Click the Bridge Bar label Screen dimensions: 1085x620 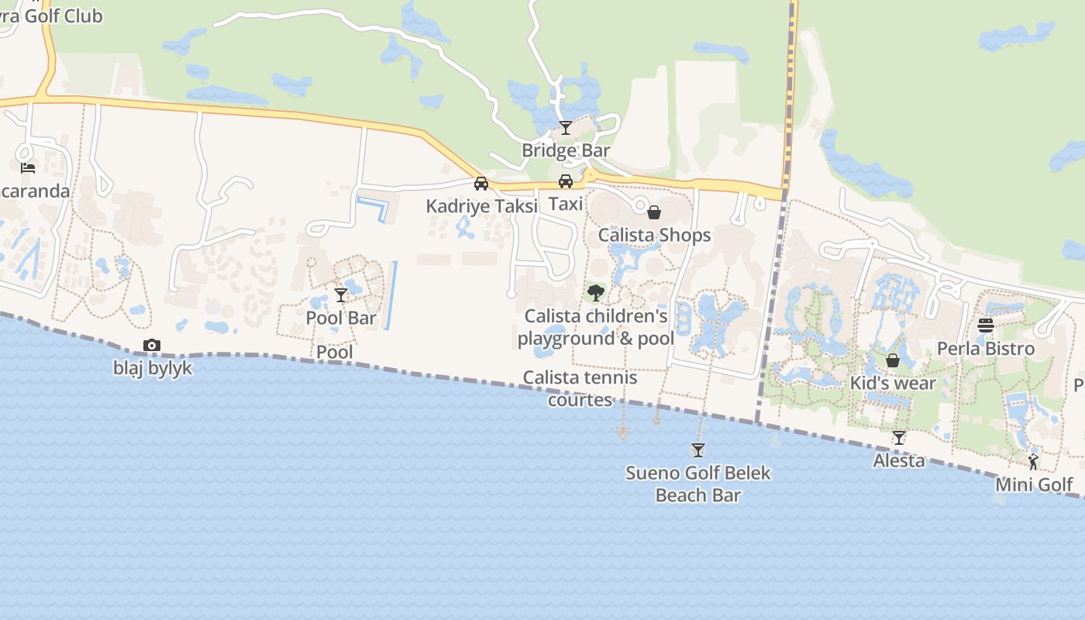[566, 150]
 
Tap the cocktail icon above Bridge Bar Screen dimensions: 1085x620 [566, 128]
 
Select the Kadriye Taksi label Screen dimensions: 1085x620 [481, 207]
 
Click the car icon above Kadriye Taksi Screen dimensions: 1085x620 [481, 184]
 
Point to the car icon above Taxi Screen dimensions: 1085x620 [566, 181]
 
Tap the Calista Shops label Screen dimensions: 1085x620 [654, 235]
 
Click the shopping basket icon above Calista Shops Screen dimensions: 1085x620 [654, 212]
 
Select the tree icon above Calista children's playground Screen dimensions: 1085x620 [595, 293]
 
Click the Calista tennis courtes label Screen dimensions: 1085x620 [580, 388]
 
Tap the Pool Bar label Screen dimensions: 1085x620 [341, 318]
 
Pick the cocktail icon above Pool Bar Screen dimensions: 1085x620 [341, 295]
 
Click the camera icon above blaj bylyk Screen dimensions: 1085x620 [152, 346]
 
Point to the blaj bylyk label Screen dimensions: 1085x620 [153, 368]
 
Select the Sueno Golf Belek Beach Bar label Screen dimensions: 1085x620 [697, 484]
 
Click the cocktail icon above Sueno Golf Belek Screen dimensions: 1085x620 [697, 450]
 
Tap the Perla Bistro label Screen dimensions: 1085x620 [986, 349]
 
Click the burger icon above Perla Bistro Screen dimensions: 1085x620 [986, 325]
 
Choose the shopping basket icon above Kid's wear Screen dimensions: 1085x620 [893, 360]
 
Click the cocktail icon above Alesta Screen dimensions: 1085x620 [898, 438]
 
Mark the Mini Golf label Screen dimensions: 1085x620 [1034, 485]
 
